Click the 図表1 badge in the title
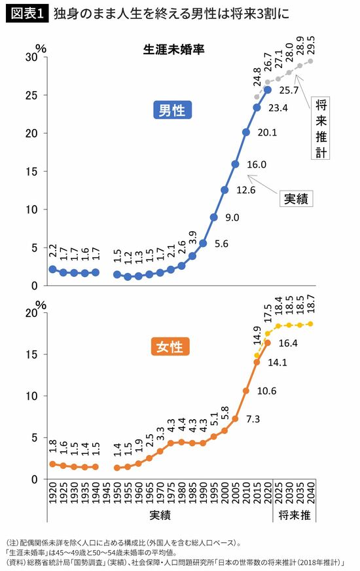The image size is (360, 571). click(x=27, y=14)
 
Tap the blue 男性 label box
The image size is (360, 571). click(x=172, y=110)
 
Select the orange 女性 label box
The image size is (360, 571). click(x=170, y=346)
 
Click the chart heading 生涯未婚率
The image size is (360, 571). click(x=173, y=50)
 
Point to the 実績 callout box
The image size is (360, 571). click(x=296, y=198)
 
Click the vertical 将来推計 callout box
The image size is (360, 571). click(x=320, y=128)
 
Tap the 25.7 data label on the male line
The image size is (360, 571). click(x=289, y=90)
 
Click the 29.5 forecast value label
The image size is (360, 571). click(x=311, y=46)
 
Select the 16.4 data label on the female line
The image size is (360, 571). click(x=288, y=343)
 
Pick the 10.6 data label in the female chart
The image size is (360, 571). click(x=266, y=391)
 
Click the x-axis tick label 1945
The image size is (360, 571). click(x=107, y=492)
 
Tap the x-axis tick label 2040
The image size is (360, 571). click(x=311, y=492)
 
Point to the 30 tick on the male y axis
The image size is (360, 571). click(x=31, y=57)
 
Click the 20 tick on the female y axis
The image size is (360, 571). click(x=31, y=313)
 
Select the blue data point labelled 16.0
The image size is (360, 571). click(x=235, y=164)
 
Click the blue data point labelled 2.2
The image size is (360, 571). click(x=53, y=269)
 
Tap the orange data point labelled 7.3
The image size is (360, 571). click(x=235, y=419)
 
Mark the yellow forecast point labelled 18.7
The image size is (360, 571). click(x=311, y=323)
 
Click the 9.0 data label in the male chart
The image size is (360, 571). click(x=232, y=217)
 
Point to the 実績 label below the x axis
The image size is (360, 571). click(x=160, y=515)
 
